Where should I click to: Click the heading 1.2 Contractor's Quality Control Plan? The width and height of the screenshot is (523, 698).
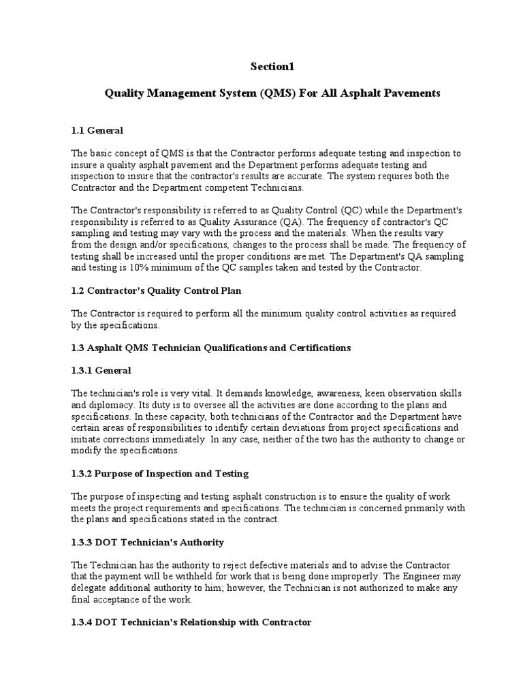point(156,290)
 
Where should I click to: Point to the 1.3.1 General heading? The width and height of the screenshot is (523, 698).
point(101,370)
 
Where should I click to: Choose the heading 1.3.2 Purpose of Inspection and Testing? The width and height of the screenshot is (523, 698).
point(159,473)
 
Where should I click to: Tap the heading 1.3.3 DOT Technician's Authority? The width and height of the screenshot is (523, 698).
point(146,542)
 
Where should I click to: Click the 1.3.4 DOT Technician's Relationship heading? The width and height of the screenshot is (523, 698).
point(191,622)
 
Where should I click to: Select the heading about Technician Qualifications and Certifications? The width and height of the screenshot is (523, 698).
point(210,348)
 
